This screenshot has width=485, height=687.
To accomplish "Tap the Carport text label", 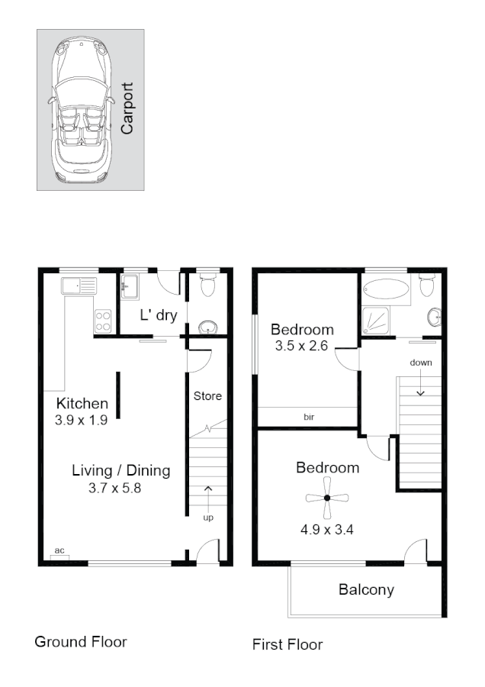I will click(x=127, y=109).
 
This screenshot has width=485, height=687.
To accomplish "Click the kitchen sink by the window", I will click(x=79, y=287).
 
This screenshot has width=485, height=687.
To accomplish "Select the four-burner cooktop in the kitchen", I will click(x=103, y=321).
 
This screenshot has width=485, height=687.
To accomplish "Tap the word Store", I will click(x=207, y=396).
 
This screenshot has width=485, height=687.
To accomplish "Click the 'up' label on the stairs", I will click(x=208, y=518).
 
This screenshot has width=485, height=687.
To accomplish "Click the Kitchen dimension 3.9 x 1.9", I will click(x=82, y=420).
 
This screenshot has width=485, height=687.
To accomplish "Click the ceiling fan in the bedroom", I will click(x=326, y=498).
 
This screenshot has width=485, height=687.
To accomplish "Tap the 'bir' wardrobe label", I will click(x=309, y=418).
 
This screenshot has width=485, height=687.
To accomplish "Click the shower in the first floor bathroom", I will click(x=378, y=321).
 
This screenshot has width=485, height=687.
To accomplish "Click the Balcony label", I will click(x=366, y=589).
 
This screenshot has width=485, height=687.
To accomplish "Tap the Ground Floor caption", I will click(x=81, y=642).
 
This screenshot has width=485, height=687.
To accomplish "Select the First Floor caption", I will click(x=287, y=645).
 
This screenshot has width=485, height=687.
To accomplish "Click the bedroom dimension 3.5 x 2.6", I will click(x=302, y=346).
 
